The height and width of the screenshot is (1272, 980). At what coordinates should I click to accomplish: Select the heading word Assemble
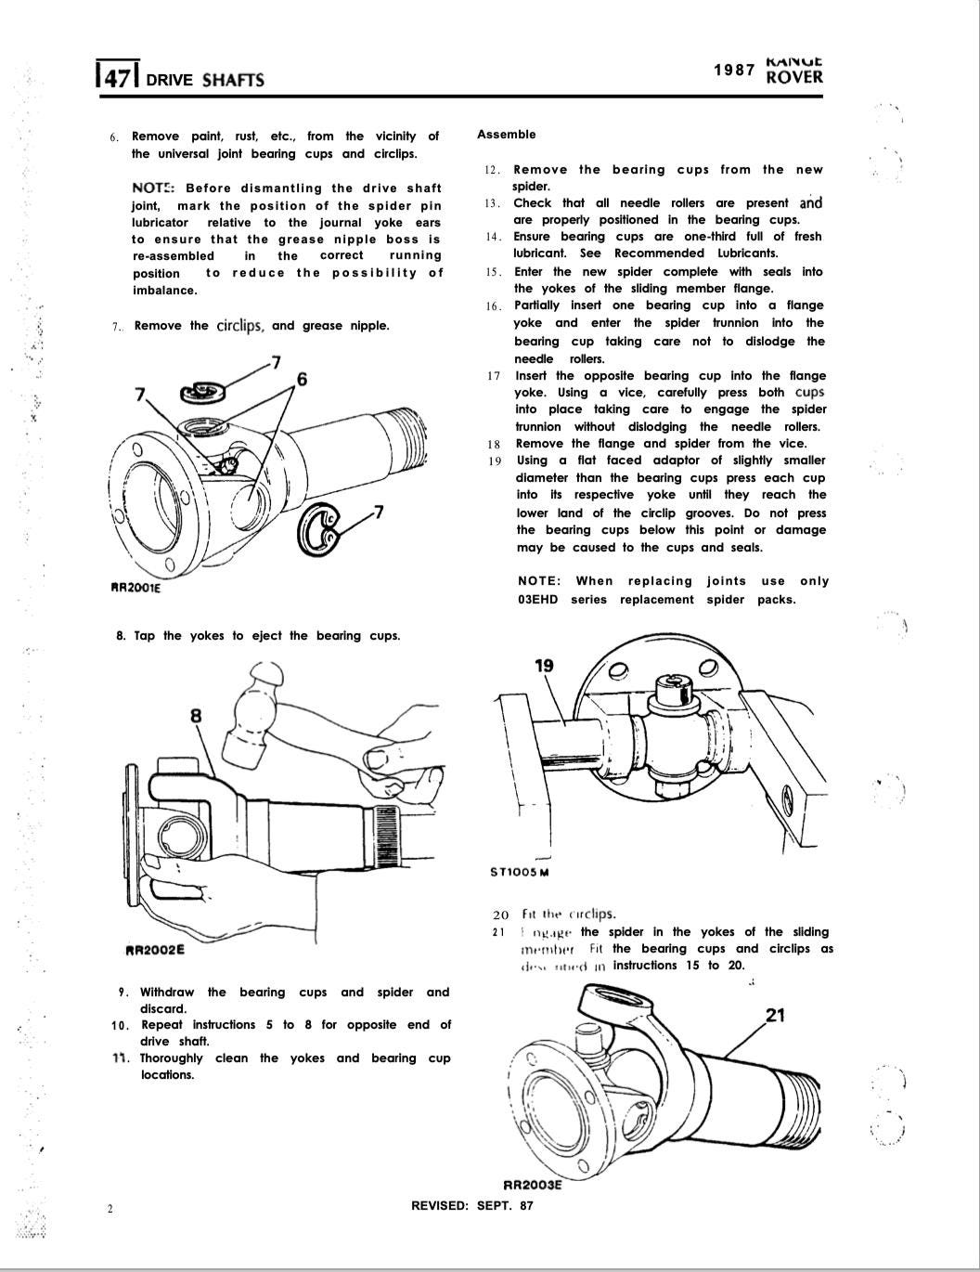pos(506,135)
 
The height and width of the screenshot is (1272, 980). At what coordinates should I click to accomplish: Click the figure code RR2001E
pos(135,587)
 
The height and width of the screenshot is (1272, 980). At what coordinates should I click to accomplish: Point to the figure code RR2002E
pos(154,950)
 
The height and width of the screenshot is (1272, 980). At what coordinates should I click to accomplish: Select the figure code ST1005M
pos(519,872)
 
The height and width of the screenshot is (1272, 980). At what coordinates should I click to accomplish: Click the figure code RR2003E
pos(533,1184)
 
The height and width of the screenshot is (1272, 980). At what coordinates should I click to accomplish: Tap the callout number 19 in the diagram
pos(545,665)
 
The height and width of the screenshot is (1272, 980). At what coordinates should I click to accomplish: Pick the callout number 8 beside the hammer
pos(196,715)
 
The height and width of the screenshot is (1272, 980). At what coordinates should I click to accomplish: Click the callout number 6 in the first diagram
pos(302,379)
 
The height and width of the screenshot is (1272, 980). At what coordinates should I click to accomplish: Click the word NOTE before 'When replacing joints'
pos(538,581)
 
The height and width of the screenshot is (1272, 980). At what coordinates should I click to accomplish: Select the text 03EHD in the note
pos(538,600)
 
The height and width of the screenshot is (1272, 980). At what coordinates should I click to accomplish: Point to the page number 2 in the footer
pos(110,1208)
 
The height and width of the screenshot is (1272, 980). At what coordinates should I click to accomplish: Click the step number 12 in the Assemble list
pos(493,171)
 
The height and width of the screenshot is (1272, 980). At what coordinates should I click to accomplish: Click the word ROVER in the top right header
pos(794,78)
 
